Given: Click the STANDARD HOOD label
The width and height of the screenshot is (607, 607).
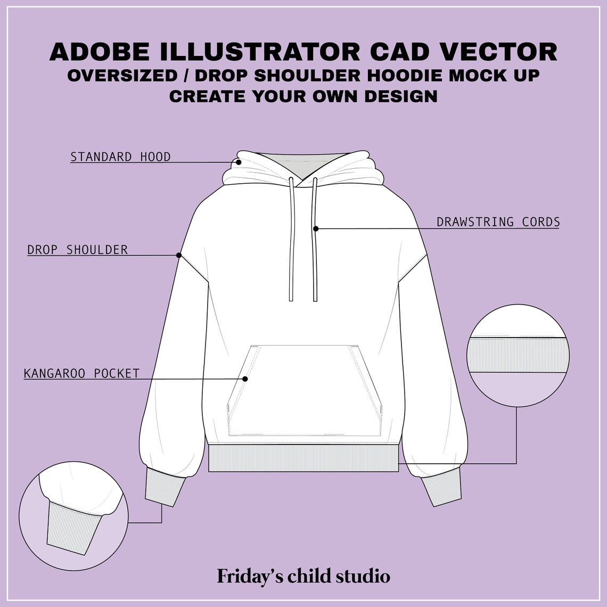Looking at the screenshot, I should (x=120, y=157).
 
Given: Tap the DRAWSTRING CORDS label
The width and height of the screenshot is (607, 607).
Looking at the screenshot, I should (x=498, y=222).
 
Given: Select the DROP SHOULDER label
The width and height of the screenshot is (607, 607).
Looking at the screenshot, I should (x=78, y=250).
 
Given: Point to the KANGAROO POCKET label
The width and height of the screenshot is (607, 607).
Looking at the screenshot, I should (x=81, y=374).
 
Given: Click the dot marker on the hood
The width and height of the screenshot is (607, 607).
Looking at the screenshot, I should (x=239, y=162).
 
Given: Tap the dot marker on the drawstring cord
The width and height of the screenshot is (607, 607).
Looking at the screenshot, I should (x=316, y=228).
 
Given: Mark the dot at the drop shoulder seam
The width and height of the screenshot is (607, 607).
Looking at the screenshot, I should (x=179, y=255).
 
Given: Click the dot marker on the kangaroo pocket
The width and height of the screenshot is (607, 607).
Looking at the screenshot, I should (x=245, y=379).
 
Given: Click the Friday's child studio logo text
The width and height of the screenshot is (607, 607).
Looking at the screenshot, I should (x=303, y=576).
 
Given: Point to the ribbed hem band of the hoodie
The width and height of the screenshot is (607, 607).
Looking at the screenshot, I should (x=303, y=458).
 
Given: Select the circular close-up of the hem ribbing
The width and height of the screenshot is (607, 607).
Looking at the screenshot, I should (x=518, y=355).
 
